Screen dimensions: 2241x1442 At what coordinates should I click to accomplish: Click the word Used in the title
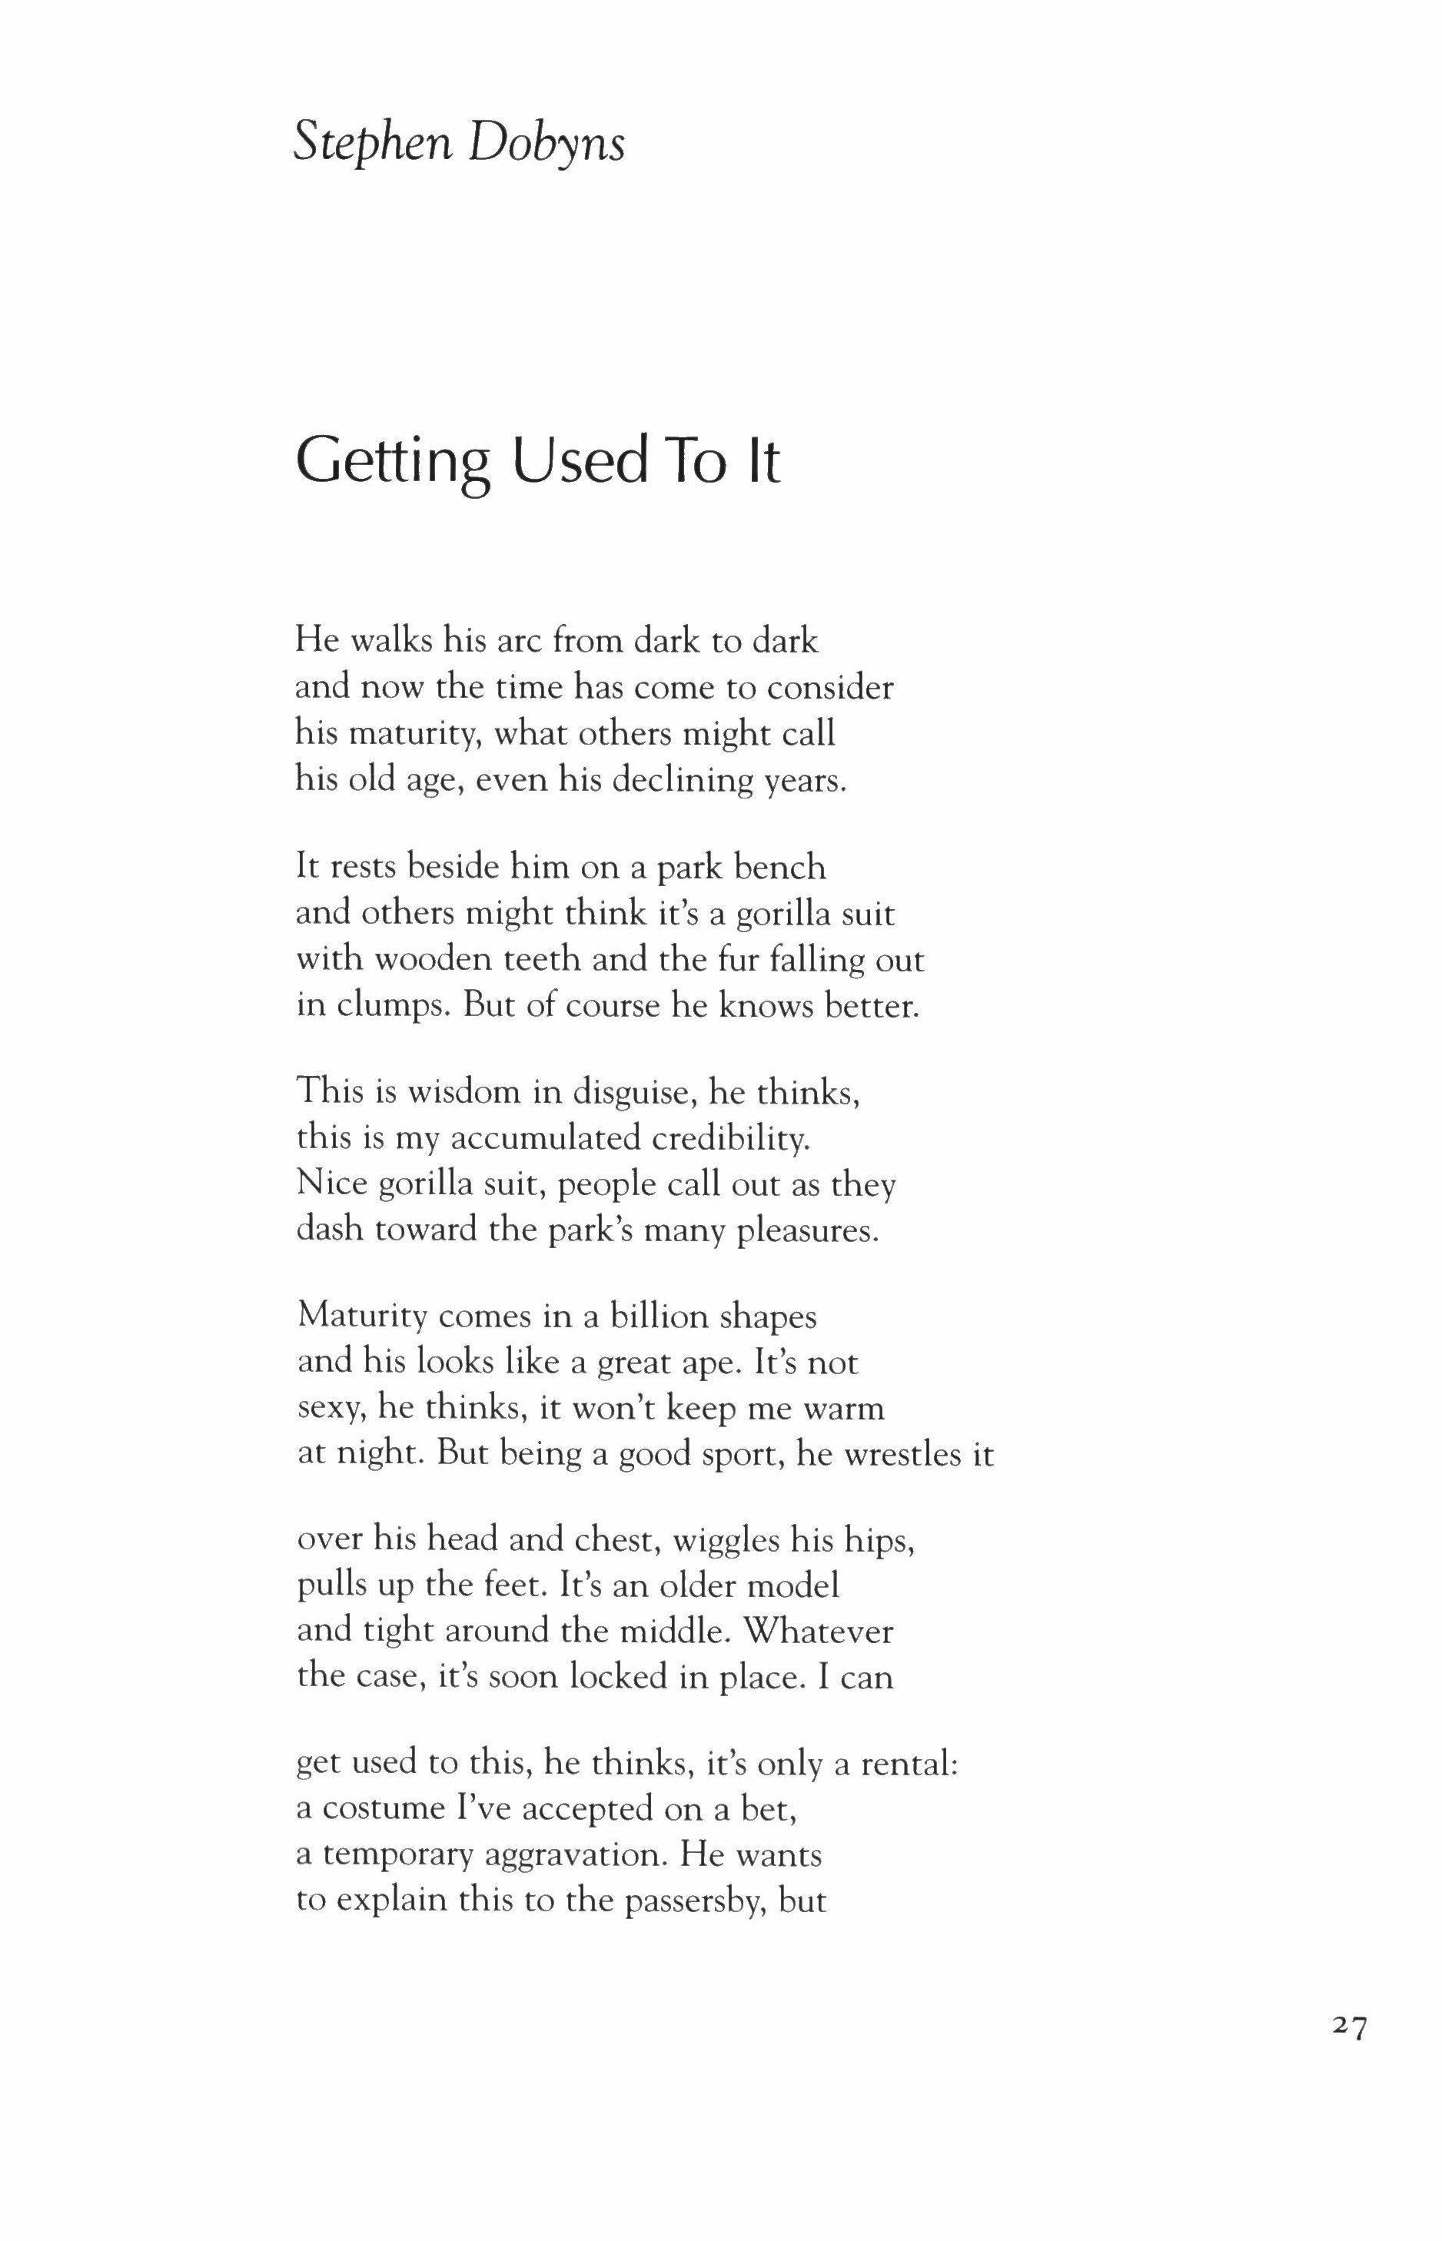580,460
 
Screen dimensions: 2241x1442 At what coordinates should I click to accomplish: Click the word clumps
387,1006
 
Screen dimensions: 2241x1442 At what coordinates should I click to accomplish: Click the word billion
658,1316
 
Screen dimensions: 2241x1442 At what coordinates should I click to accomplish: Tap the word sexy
329,1409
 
